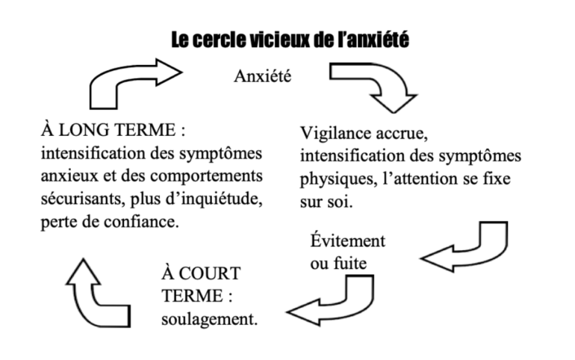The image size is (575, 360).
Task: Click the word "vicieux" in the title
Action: [280, 40]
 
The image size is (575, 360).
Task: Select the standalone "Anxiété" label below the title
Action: [263, 76]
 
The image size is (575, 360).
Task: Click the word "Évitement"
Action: [348, 240]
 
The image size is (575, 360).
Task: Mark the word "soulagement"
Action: [209, 320]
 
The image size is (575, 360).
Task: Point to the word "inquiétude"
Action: [222, 199]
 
